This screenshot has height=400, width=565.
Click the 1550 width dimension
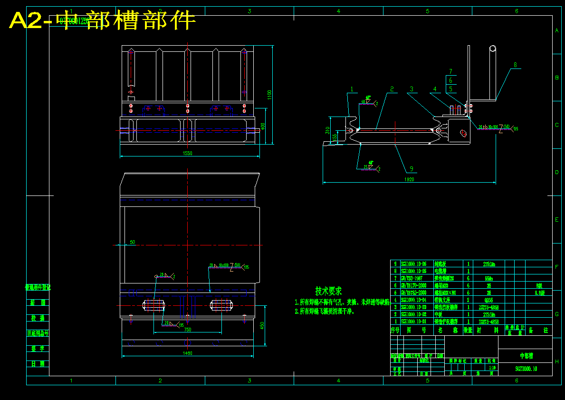187,153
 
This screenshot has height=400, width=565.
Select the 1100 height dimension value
269,95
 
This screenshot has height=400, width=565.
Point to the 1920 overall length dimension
409,179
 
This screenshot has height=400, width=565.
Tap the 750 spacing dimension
187,329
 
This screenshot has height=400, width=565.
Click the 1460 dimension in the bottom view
187,353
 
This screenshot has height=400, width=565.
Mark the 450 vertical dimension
262,325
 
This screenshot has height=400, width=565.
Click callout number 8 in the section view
515,65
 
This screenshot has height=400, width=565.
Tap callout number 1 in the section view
352,89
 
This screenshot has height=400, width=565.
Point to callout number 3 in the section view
412,89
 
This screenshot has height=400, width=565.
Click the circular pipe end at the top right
493,48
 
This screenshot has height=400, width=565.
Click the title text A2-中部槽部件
103,20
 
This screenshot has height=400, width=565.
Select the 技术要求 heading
328,291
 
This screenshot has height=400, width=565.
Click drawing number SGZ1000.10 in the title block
526,369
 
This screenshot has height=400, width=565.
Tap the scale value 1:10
492,367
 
